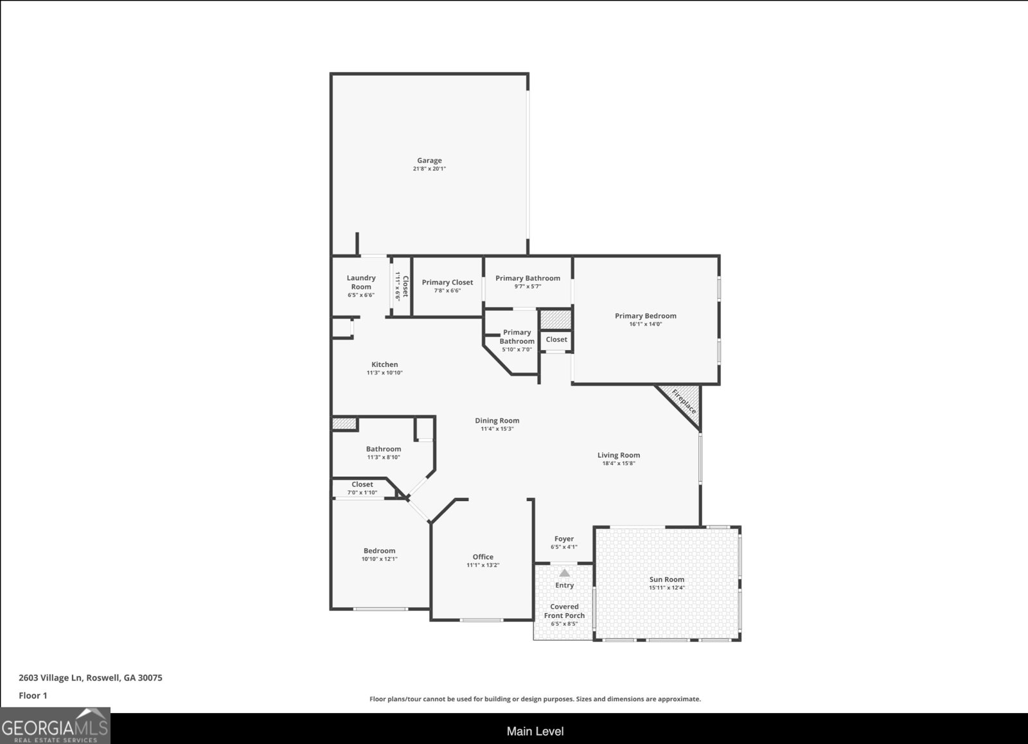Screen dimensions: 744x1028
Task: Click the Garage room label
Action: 429,161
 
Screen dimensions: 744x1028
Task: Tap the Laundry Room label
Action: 361,282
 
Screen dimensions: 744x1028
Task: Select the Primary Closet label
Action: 447,282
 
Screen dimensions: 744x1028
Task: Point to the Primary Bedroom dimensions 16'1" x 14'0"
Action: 645,324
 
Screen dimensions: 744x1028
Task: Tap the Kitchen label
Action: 384,364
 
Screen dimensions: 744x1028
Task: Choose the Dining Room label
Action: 497,421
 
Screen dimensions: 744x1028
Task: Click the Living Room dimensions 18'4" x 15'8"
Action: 618,463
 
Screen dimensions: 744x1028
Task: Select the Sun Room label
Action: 666,580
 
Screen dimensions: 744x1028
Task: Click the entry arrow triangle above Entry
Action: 564,572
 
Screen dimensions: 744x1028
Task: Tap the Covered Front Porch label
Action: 564,611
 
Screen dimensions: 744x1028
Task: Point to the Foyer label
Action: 564,539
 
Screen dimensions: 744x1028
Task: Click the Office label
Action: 483,557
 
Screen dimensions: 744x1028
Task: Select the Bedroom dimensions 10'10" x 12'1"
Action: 379,559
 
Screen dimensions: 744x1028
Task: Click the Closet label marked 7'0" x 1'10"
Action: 362,484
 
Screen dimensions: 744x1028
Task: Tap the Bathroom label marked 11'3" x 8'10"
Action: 383,449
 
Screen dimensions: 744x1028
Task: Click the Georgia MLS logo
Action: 55,725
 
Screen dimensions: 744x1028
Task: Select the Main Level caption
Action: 535,731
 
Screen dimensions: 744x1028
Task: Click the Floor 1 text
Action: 33,695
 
